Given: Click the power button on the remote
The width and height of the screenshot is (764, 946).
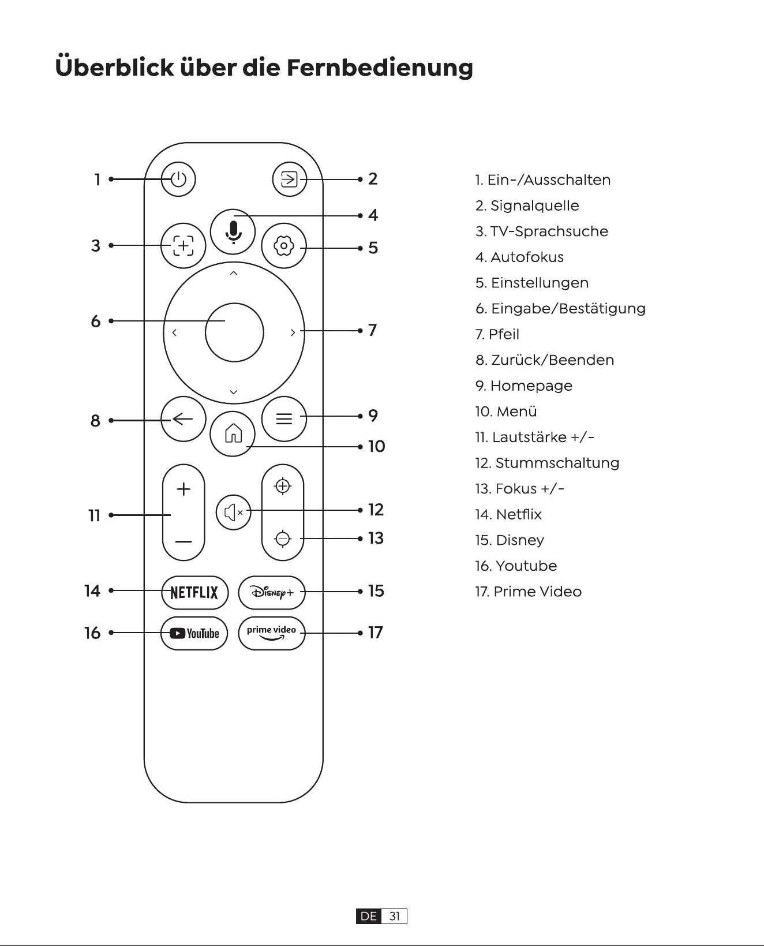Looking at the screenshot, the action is [178, 180].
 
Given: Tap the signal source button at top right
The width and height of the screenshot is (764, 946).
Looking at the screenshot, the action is [289, 180].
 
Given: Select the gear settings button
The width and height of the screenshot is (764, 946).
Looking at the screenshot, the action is [284, 246].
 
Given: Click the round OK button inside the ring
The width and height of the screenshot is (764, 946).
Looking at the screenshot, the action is [234, 332].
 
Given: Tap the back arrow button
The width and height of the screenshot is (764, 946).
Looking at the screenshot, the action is [183, 420].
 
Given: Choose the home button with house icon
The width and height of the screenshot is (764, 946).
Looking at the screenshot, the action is [233, 434].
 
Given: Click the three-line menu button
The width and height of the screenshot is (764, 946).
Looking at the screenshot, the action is [284, 418].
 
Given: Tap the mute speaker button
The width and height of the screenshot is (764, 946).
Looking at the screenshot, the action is [234, 512].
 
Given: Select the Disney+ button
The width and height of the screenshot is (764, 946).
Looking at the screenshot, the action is [272, 593].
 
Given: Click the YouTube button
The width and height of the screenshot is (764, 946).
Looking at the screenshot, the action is [194, 633].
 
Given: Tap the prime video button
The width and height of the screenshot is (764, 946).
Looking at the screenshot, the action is [272, 633].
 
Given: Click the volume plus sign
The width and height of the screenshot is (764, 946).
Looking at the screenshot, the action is [183, 489].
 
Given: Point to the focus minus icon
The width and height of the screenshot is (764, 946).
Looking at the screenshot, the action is [283, 539].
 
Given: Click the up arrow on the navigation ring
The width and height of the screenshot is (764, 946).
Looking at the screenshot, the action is [234, 274].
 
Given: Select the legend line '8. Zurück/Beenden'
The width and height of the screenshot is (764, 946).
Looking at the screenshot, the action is [545, 360].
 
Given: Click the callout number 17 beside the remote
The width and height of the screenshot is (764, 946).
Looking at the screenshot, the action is [376, 633].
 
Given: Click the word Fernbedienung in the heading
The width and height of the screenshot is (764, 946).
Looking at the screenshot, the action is [380, 68].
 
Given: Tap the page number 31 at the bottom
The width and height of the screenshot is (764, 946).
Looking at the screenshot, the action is [395, 916].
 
